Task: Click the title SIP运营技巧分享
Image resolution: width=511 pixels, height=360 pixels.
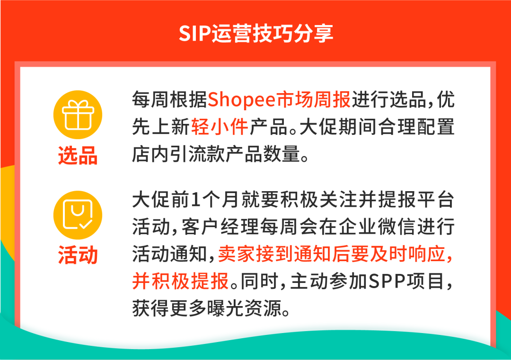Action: [x=256, y=33]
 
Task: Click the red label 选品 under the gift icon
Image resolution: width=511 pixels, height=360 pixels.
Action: [x=78, y=156]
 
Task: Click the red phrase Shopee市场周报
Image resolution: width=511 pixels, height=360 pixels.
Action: [x=279, y=100]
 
